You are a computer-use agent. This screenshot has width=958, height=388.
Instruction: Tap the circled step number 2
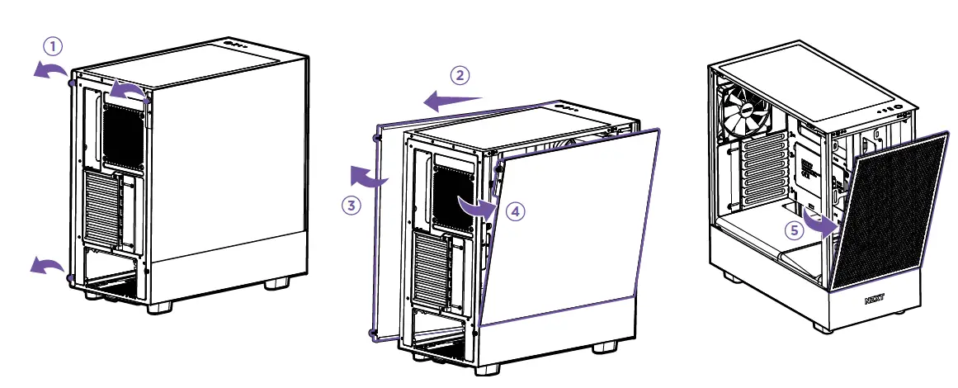460,75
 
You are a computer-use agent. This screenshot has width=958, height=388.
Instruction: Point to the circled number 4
515,211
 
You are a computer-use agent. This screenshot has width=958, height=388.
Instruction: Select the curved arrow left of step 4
478,206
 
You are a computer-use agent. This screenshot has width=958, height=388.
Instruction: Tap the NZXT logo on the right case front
878,301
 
